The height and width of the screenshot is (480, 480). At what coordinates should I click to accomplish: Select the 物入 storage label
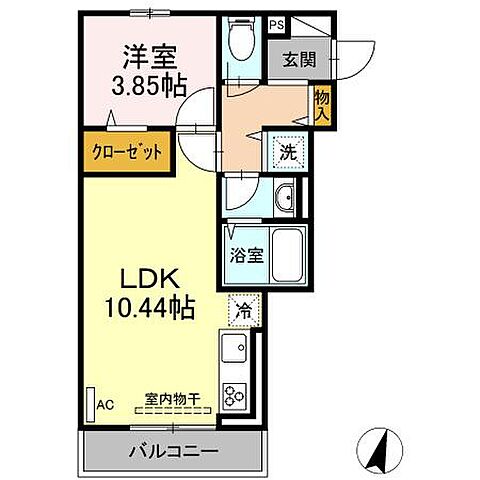tap(323, 102)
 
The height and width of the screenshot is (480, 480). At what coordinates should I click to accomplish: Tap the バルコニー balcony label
tap(174, 451)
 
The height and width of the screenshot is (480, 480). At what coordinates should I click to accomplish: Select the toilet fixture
tap(239, 40)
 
